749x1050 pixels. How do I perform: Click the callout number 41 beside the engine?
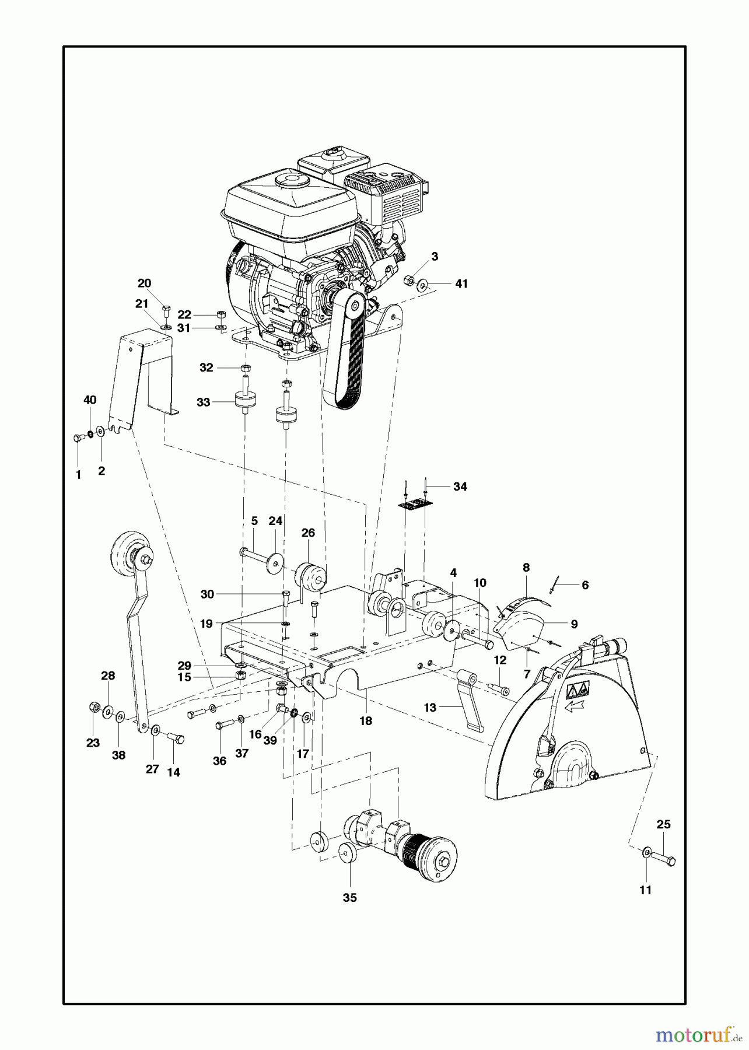[x=461, y=283]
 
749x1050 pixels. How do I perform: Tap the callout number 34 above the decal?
[x=460, y=487]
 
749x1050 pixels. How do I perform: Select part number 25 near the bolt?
[x=664, y=824]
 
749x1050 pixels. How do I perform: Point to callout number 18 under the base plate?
[x=366, y=721]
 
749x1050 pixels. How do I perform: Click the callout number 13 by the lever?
[x=430, y=708]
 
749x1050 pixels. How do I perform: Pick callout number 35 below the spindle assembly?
[x=349, y=898]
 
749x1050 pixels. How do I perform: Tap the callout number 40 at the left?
[x=90, y=400]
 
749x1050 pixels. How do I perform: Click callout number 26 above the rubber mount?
[x=308, y=533]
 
